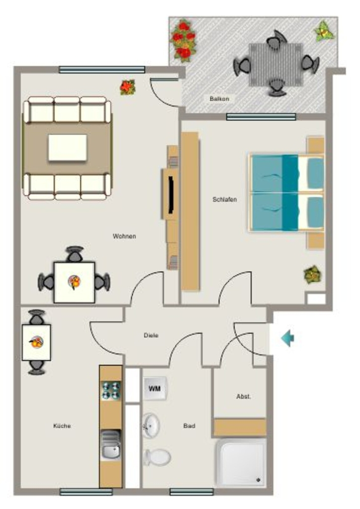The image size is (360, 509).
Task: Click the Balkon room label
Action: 219,99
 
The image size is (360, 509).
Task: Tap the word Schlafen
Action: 225,199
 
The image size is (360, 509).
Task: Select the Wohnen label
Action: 124,236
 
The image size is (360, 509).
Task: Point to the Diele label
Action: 151,336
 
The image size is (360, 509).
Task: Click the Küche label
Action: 62,425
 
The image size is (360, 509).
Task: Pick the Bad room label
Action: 189,425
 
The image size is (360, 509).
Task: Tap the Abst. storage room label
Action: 244,396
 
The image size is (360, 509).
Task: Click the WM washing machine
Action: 155,388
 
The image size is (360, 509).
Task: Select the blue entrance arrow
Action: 287,338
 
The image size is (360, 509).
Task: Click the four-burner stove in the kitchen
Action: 111,391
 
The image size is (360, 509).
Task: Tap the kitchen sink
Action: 111,445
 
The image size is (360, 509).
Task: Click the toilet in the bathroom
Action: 158,457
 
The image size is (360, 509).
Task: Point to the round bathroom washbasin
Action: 151,425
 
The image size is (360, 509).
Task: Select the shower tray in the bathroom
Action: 241,463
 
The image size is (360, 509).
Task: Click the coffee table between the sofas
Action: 68,147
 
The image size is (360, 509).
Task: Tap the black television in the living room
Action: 171,194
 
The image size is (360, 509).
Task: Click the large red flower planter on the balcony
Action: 183,40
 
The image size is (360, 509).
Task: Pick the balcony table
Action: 276,65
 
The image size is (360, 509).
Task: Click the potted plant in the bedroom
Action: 313,274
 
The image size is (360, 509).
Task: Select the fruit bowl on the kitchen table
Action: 36,342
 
